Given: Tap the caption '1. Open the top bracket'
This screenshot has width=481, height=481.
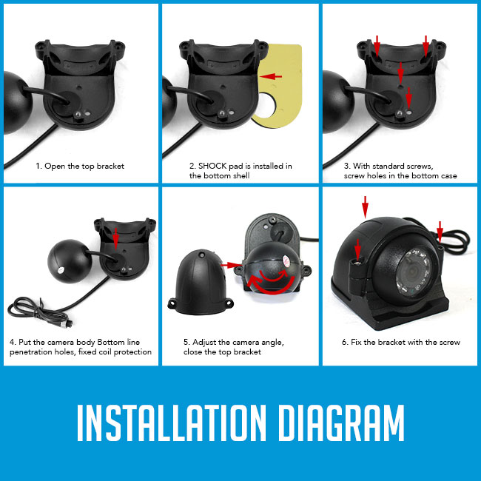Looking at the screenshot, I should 80,166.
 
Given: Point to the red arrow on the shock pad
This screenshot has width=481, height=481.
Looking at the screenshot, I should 272,75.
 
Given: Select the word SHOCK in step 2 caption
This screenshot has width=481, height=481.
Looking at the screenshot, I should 217,166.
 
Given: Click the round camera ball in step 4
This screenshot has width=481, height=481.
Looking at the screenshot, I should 67,260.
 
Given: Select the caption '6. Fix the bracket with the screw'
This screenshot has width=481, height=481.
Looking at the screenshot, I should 400,342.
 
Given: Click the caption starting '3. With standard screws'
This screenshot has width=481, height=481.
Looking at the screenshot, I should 400,171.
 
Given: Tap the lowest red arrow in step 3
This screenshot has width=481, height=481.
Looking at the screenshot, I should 409,96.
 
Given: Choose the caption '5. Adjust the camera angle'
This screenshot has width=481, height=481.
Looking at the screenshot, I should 233,346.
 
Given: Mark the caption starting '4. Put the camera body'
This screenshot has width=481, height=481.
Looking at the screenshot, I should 80,346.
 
